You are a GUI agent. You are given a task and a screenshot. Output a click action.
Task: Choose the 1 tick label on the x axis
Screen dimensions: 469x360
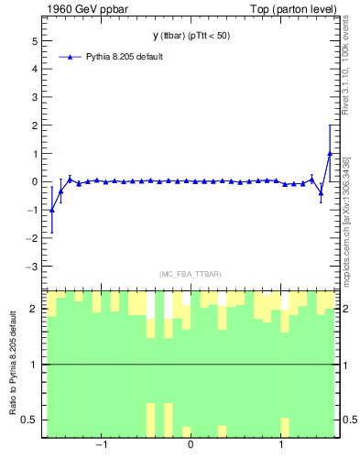pos(280,446)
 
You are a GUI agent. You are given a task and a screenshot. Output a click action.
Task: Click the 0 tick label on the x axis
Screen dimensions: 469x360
pos(191,446)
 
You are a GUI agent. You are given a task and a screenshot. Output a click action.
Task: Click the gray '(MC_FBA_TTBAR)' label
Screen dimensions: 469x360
pos(190,274)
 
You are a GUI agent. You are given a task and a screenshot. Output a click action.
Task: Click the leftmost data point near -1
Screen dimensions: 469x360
pos(52,210)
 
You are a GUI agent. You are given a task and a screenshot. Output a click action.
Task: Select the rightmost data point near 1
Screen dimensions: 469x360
pos(330,153)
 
